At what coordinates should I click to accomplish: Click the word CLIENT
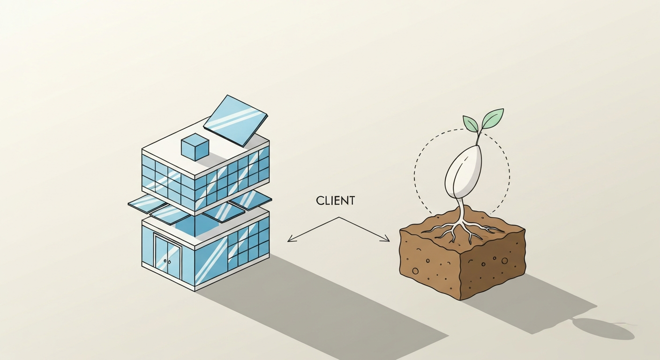coord(335,201)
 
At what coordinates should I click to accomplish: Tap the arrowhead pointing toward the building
coord(292,238)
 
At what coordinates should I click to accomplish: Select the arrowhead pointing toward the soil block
coord(385,238)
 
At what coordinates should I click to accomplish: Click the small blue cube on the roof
coord(195,147)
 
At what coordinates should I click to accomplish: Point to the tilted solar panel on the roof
coord(236,120)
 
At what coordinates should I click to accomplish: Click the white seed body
coord(463,172)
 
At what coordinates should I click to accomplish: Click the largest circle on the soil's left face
coord(415,271)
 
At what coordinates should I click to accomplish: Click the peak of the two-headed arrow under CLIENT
coord(339,217)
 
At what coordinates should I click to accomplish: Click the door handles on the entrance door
coord(167,261)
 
